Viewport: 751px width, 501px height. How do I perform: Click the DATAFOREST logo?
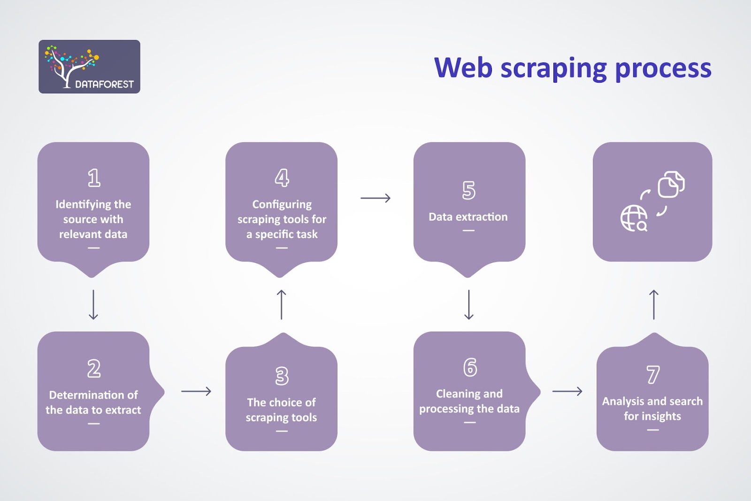(89, 67)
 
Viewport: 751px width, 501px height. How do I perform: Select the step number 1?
(94, 178)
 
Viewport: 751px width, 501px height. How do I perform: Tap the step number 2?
(94, 369)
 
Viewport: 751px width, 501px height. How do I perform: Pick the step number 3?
(282, 376)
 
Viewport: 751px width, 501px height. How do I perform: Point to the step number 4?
(282, 178)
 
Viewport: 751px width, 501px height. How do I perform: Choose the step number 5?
(468, 190)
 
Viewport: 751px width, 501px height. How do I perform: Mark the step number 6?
(470, 367)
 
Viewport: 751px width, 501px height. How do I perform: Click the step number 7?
(653, 375)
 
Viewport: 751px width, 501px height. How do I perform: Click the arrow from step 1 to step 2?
(93, 305)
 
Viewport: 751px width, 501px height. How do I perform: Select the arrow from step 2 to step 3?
(196, 391)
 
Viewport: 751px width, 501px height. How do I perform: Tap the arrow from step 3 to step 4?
(281, 305)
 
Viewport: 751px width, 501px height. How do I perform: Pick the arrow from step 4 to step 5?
(375, 198)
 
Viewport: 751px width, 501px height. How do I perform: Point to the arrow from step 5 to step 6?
(468, 305)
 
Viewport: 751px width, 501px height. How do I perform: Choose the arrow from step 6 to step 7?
(567, 391)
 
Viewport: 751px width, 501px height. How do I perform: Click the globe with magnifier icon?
(634, 218)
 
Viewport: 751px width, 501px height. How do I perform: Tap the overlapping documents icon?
(671, 184)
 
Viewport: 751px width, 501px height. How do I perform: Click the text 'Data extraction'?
(468, 217)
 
